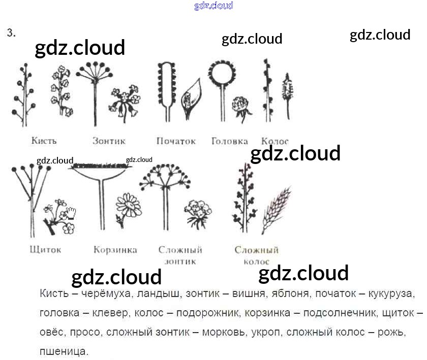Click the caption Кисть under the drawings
[44, 141]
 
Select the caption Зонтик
[109, 141]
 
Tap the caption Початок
[176, 141]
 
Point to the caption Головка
[230, 141]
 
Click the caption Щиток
[45, 249]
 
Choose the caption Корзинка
[115, 250]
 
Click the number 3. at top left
[11, 33]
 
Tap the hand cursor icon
[71, 212]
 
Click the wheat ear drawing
[276, 209]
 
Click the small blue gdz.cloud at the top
[213, 6]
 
